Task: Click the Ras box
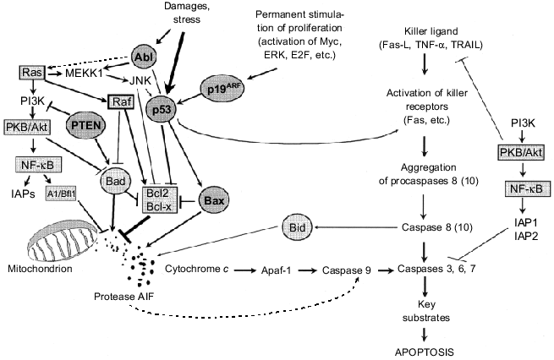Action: pyautogui.click(x=29, y=74)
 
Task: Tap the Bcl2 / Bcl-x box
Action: pyautogui.click(x=168, y=199)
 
